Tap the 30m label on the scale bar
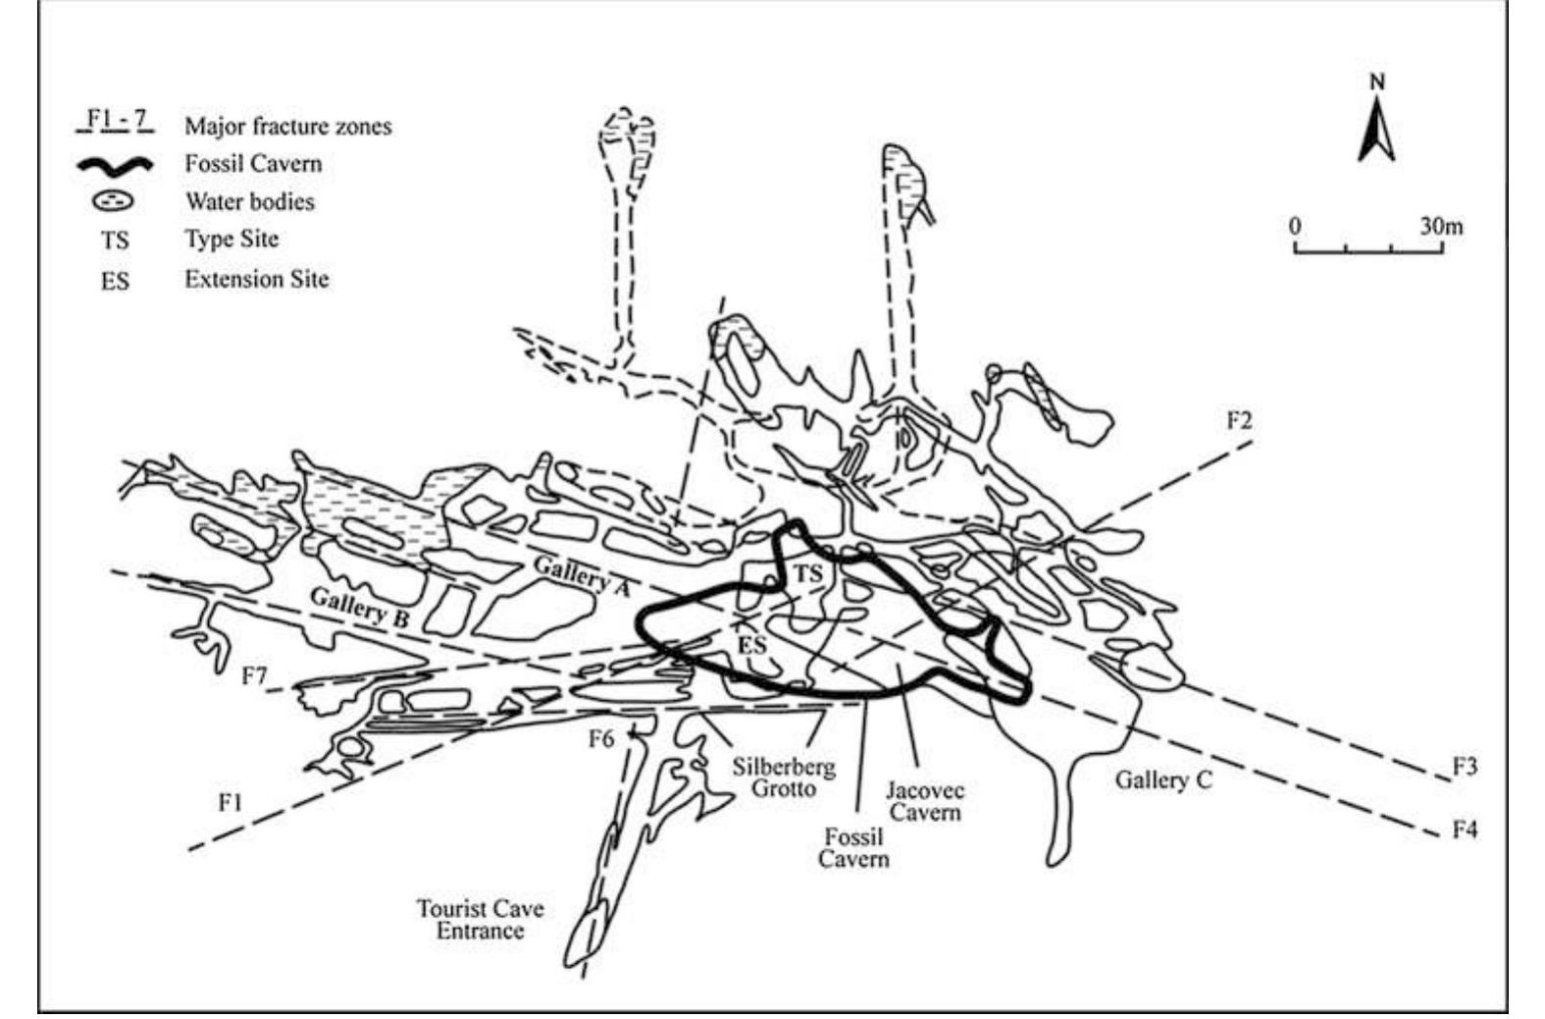tap(1440, 226)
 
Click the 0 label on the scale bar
tap(1295, 226)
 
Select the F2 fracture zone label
tap(1239, 420)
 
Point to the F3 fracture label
tap(1464, 767)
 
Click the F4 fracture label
tap(1464, 831)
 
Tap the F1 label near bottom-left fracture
tap(230, 802)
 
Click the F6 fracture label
tap(600, 738)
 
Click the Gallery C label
tap(1163, 780)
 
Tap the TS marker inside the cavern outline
tap(807, 574)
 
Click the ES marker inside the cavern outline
tap(751, 645)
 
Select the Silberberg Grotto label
tap(784, 777)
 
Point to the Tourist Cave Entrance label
tap(480, 919)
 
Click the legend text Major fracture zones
tap(287, 126)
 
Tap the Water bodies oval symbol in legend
tap(115, 201)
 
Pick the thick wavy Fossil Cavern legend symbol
tap(115, 165)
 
